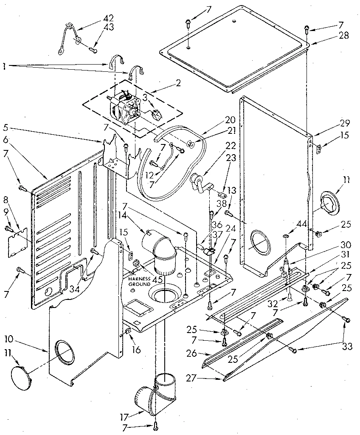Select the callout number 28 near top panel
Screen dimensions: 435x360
[x=343, y=36]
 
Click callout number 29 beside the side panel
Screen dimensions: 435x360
[x=344, y=123]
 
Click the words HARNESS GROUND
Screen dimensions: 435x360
[x=139, y=281]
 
